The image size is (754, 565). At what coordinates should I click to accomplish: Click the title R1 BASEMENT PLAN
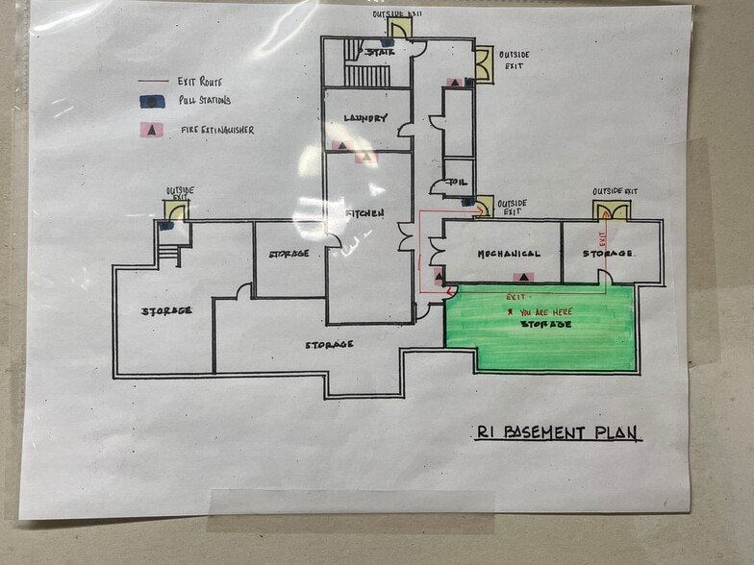coord(558,432)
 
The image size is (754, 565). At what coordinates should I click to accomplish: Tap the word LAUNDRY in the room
coord(364,118)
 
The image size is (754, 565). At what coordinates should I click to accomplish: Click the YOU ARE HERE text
coord(548,312)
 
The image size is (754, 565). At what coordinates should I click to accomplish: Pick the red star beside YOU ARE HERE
coord(510,312)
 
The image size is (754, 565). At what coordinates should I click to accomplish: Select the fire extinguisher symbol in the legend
coord(149,129)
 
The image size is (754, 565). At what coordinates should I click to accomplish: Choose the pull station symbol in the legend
coord(150,100)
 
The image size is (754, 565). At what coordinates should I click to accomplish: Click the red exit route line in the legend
coord(150,82)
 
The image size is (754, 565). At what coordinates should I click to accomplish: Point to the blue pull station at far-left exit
coord(165,226)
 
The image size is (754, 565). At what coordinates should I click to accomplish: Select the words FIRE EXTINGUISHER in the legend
coord(217,129)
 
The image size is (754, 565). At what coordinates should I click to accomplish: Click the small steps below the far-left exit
coord(168,253)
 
